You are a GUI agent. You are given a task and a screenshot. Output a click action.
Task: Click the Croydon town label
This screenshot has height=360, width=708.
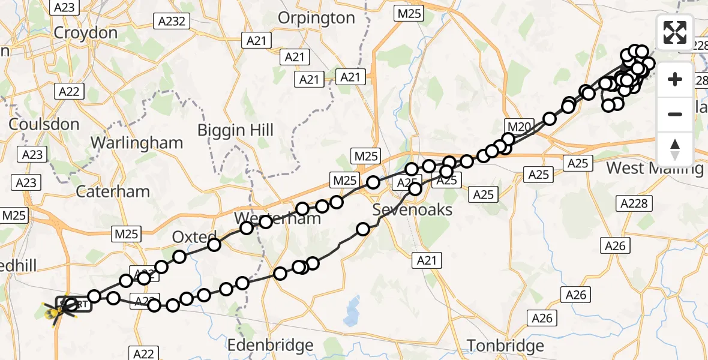(86, 32)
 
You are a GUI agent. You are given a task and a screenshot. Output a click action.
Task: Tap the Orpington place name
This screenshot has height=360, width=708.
(325, 18)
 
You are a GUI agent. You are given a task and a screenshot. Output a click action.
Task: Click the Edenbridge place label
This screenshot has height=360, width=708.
(271, 346)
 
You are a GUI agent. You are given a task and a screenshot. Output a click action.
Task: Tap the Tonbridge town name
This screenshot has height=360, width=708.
(505, 346)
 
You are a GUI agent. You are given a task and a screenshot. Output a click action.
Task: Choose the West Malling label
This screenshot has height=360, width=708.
(655, 168)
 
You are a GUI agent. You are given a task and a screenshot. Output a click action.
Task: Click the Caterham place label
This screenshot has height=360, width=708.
(113, 192)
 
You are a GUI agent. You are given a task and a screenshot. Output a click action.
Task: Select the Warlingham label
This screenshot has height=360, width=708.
(137, 143)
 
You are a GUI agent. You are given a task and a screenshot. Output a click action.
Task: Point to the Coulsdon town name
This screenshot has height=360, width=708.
(44, 125)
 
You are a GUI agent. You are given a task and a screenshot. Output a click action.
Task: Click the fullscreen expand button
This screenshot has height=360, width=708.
(675, 32)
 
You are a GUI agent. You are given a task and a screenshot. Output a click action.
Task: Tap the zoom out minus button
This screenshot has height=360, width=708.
(675, 114)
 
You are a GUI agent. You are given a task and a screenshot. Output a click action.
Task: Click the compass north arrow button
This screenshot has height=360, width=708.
(675, 148)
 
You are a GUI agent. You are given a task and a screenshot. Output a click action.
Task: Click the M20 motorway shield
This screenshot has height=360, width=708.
(520, 127)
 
